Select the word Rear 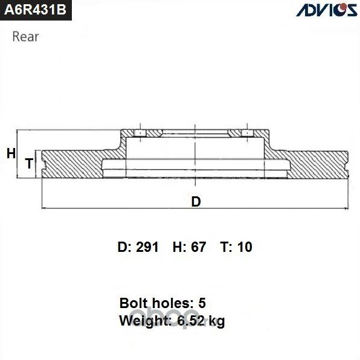pos(26,36)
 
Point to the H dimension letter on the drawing pos(10,154)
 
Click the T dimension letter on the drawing pos(28,163)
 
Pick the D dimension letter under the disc pos(196,202)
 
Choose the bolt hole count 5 pos(202,303)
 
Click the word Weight pos(140,321)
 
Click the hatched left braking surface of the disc pos(72,163)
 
